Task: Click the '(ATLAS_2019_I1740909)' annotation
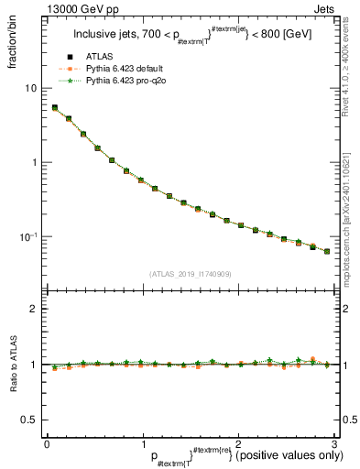tap(190, 273)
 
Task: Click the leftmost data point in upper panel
tap(54, 107)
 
